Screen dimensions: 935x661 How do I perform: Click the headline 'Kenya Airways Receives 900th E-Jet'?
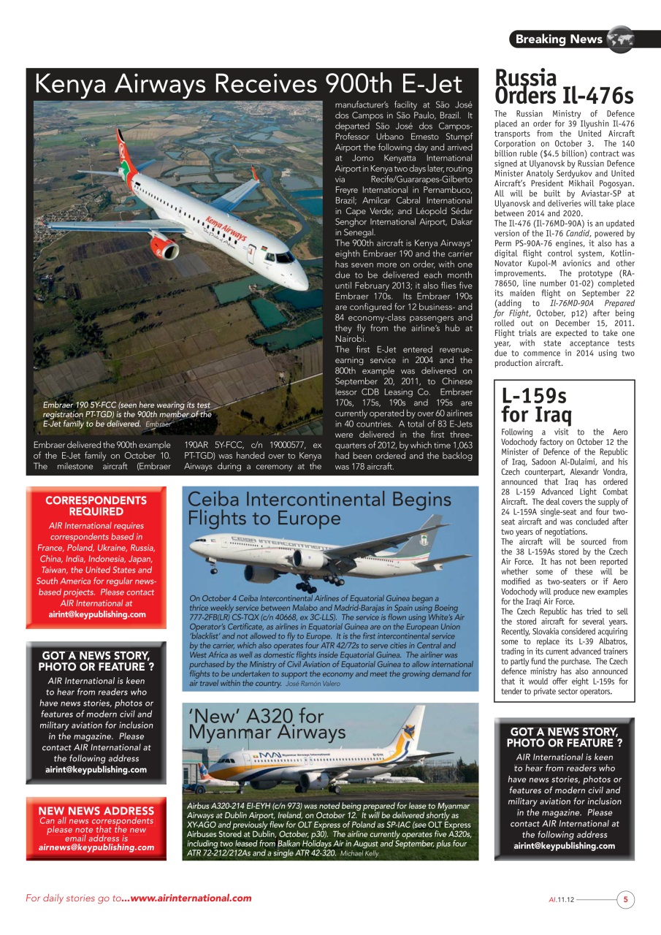(x=248, y=84)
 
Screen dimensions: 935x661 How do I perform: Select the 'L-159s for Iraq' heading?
(x=533, y=405)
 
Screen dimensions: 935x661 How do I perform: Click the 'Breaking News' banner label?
(x=559, y=39)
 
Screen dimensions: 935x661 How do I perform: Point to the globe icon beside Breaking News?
(x=620, y=39)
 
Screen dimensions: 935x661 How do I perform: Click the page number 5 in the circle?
(x=625, y=900)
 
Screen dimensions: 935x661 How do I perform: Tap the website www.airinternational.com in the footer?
(x=191, y=898)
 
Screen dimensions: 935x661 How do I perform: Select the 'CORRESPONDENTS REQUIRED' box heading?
(x=96, y=505)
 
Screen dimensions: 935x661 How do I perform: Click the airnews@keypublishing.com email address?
(x=96, y=847)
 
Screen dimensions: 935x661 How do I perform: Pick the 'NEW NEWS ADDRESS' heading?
(x=96, y=811)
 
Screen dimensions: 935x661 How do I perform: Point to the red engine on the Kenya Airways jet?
(x=164, y=247)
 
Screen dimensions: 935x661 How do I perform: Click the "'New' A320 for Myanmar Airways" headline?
(x=267, y=724)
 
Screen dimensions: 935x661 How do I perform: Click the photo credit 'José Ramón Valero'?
(x=313, y=684)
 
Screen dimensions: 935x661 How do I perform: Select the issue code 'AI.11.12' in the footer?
(x=562, y=901)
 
